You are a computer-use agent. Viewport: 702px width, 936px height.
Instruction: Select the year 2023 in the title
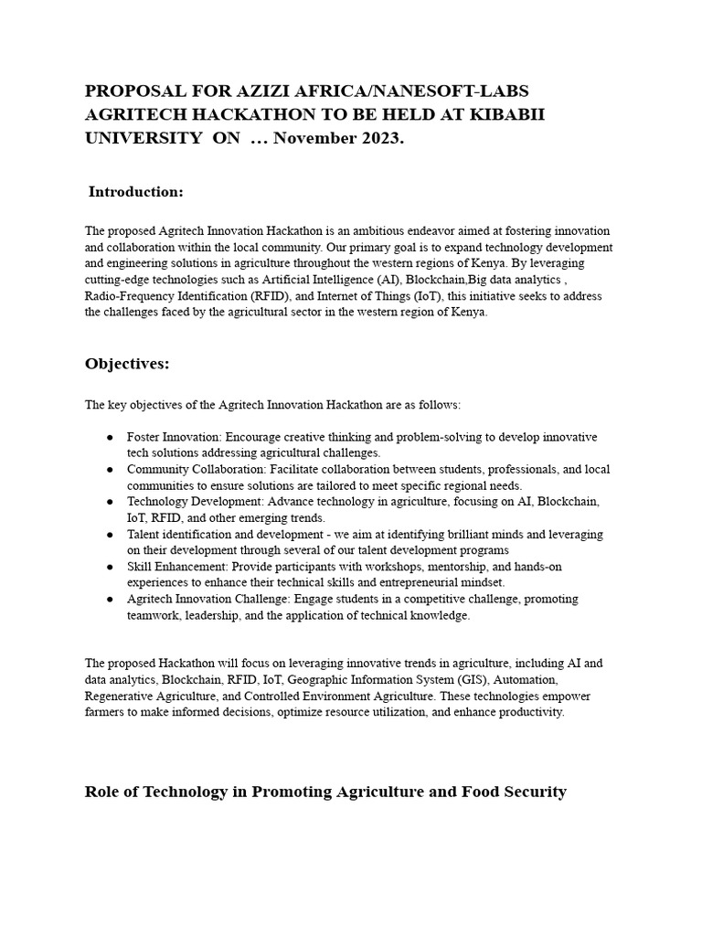pyautogui.click(x=379, y=138)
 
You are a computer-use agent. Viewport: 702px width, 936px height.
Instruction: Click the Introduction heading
pyautogui.click(x=135, y=192)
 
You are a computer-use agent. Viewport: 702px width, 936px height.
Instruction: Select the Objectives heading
pyautogui.click(x=127, y=364)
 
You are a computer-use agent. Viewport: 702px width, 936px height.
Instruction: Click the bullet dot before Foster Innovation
pyautogui.click(x=109, y=438)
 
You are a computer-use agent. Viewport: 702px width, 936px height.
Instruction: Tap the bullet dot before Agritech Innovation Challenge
pyautogui.click(x=109, y=600)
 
